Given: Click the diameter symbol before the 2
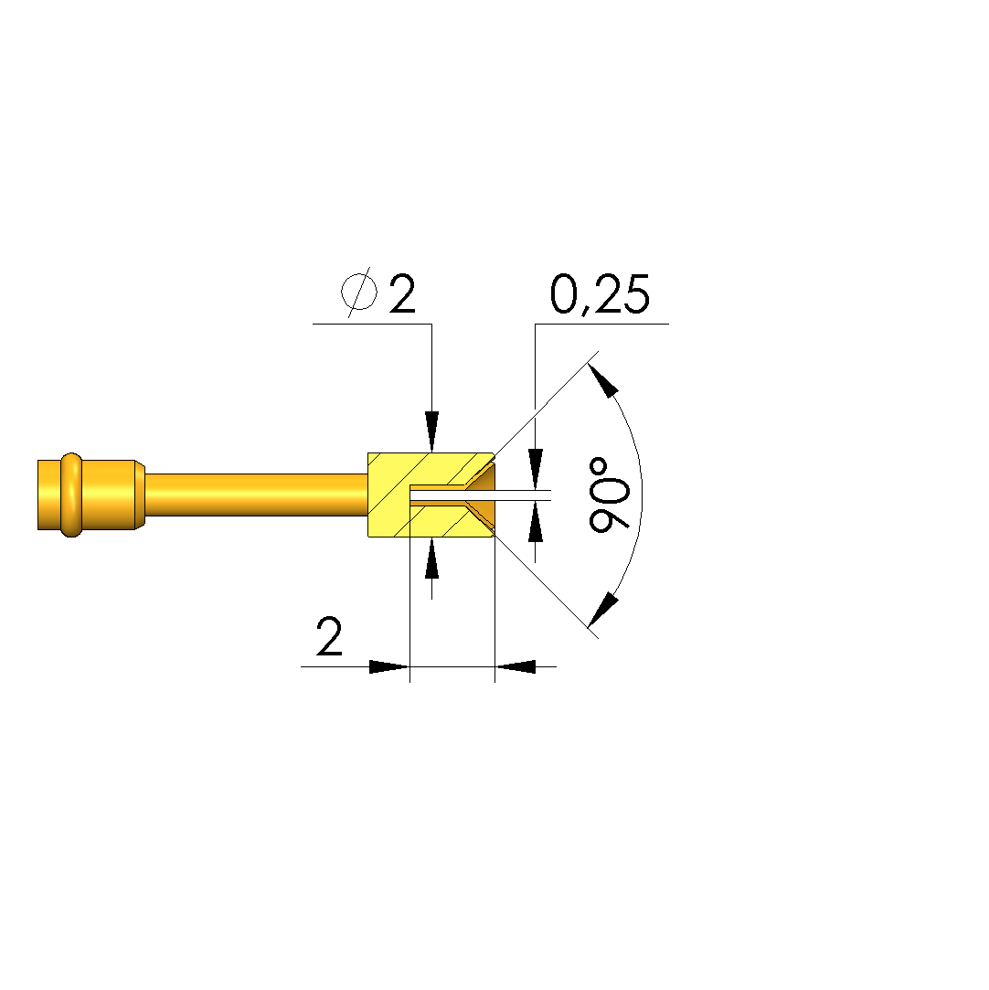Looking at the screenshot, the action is pyautogui.click(x=359, y=293).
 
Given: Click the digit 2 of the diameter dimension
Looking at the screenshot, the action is pyautogui.click(x=402, y=293).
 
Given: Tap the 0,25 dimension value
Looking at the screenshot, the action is pyautogui.click(x=600, y=294).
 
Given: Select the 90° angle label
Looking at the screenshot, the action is pyautogui.click(x=609, y=495).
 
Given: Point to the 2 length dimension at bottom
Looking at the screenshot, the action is pyautogui.click(x=329, y=636).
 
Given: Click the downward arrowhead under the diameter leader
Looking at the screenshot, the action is pyautogui.click(x=431, y=431).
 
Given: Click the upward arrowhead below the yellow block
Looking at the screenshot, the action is pyautogui.click(x=431, y=559).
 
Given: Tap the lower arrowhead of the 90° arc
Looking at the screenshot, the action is pyautogui.click(x=603, y=610).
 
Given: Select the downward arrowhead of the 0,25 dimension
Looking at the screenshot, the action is pyautogui.click(x=536, y=469).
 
